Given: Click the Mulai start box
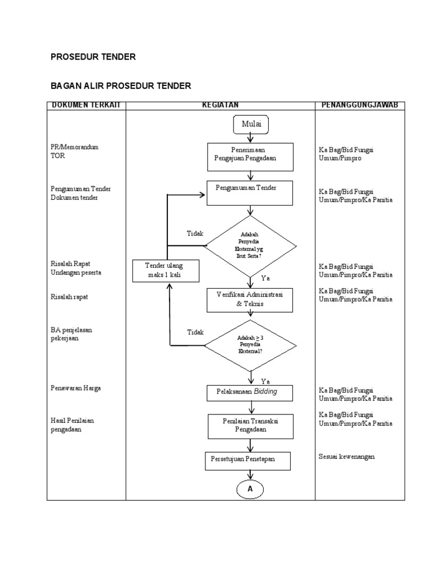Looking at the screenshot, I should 251,125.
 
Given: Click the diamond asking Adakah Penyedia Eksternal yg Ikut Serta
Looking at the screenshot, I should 250,246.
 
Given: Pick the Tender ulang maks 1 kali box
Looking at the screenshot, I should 164,271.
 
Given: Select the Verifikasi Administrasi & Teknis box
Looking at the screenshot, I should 250,300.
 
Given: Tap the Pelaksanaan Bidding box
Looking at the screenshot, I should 250,392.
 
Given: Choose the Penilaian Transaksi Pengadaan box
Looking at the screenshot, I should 250,426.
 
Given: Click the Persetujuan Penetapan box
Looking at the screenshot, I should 247,461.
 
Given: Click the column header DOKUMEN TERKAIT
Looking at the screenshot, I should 86,106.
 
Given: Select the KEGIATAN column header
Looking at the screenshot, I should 220,106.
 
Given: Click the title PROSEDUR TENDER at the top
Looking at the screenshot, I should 94,57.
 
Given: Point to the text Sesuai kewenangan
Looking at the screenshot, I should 346,457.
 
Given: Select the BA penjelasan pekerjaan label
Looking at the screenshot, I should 71,335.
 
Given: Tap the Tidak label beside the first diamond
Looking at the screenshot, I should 195,233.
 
